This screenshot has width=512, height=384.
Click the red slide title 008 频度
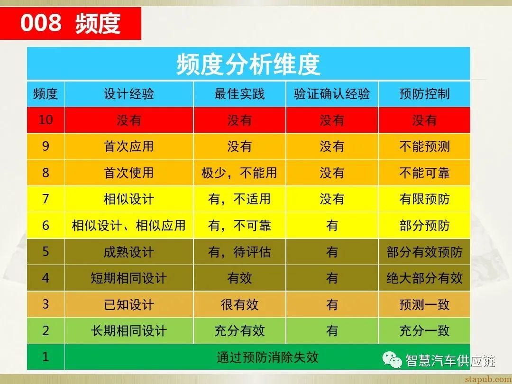pyautogui.click(x=70, y=24)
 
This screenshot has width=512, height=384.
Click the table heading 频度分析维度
pyautogui.click(x=248, y=64)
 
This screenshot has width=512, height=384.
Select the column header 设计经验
pyautogui.click(x=129, y=94)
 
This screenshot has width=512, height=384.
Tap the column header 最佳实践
pyautogui.click(x=239, y=94)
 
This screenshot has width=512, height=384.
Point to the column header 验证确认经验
pyautogui.click(x=332, y=94)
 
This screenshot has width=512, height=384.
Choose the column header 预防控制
pyautogui.click(x=424, y=94)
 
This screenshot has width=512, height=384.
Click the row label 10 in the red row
pyautogui.click(x=46, y=119)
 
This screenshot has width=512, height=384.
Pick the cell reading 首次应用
pyautogui.click(x=129, y=146)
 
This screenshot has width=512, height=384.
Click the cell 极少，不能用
pyautogui.click(x=239, y=173)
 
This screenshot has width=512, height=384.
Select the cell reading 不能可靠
pyautogui.click(x=424, y=173)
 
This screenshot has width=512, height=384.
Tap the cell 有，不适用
pyautogui.click(x=239, y=199)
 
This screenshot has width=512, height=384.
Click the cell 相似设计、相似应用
pyautogui.click(x=129, y=225)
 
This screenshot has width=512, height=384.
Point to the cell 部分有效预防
pyautogui.click(x=424, y=252)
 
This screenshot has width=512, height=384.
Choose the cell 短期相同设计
pyautogui.click(x=129, y=278)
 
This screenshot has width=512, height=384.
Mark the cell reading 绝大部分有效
pyautogui.click(x=424, y=278)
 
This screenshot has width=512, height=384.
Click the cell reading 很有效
pyautogui.click(x=239, y=304)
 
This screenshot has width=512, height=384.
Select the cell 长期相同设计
pyautogui.click(x=129, y=330)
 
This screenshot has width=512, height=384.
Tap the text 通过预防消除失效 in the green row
pyautogui.click(x=267, y=357)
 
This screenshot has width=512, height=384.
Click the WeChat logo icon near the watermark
pyautogui.click(x=393, y=361)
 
